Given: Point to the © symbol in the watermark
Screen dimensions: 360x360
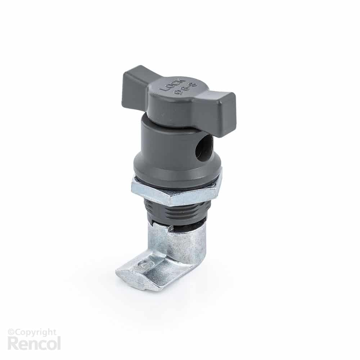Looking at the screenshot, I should (10, 332).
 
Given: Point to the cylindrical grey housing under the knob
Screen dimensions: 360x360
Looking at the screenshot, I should (169, 144).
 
